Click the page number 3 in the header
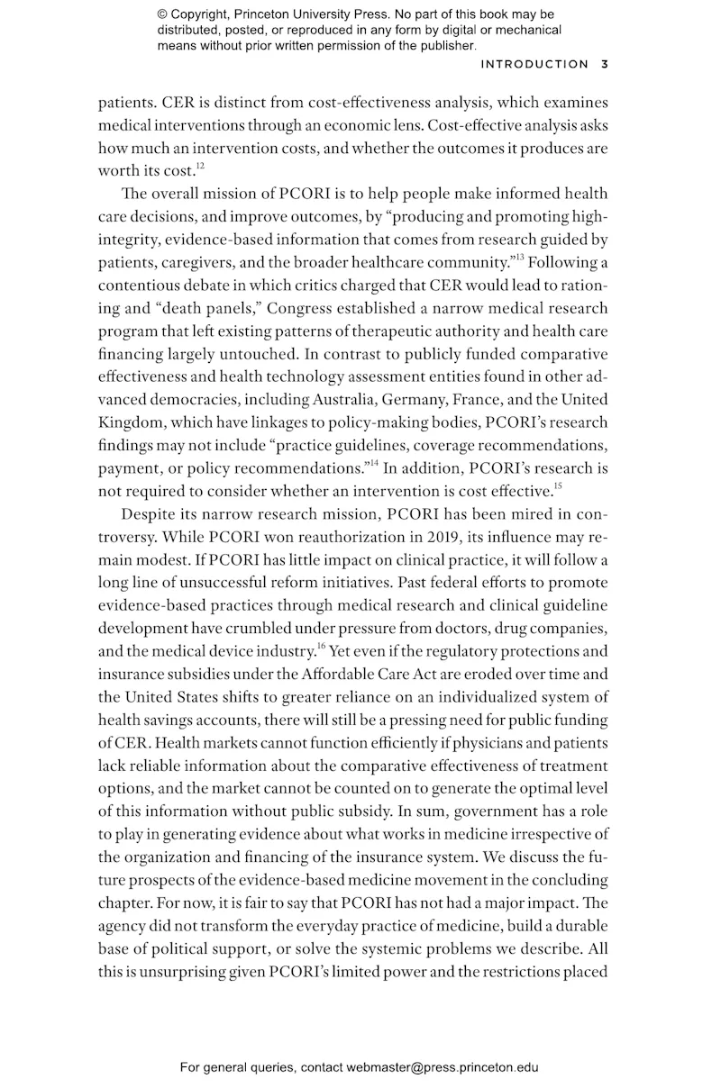tap(605, 64)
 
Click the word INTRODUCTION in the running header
tap(534, 64)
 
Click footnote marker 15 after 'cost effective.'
tap(558, 487)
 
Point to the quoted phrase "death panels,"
tap(192, 309)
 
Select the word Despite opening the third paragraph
tap(148, 515)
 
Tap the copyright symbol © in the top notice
tap(163, 15)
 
